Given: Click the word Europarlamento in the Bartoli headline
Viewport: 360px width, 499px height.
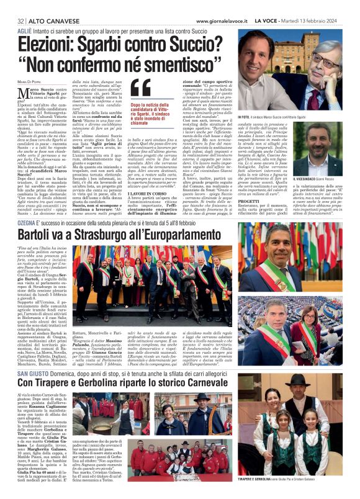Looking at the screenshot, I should click(x=193, y=236).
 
